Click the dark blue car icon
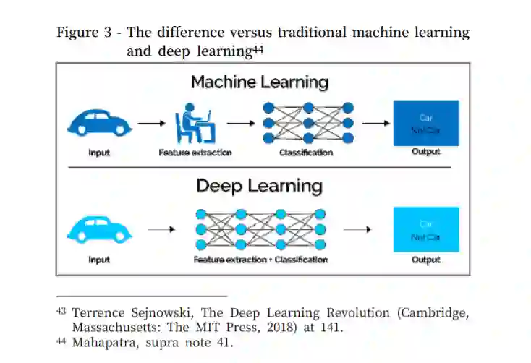tap(99, 123)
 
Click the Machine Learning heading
tap(260, 82)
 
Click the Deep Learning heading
tap(260, 186)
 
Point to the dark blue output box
tap(425, 123)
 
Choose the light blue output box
tap(425, 229)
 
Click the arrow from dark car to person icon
tap(150, 123)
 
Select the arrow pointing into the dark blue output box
tap(375, 123)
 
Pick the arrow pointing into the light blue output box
tap(357, 230)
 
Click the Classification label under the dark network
tap(306, 153)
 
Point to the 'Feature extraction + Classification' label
tap(260, 260)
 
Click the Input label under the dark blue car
tap(99, 153)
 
